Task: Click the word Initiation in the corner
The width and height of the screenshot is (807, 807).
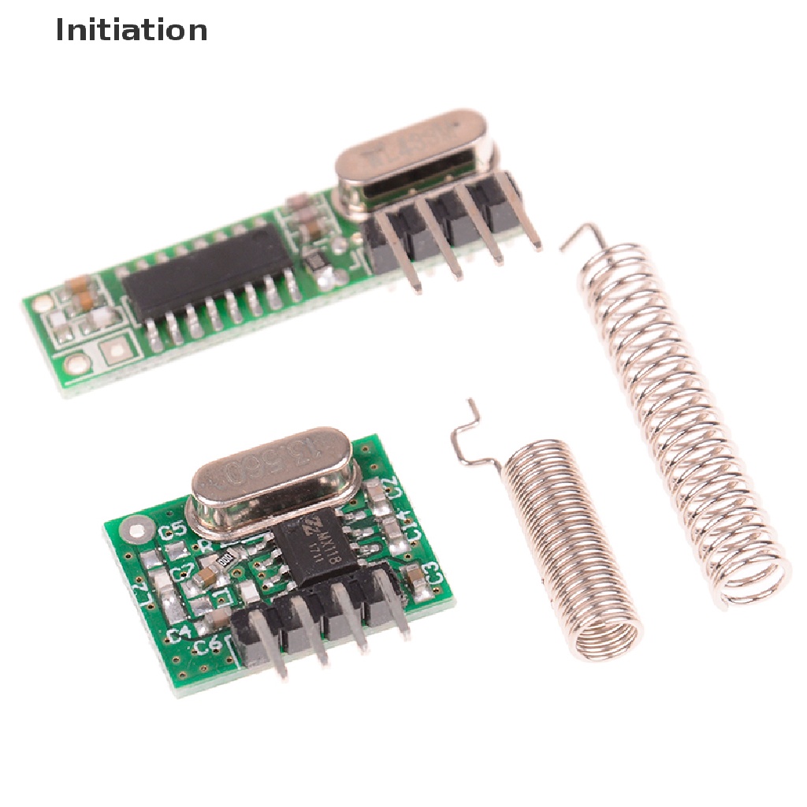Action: tap(132, 30)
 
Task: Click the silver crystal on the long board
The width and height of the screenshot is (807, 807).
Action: tap(414, 158)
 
